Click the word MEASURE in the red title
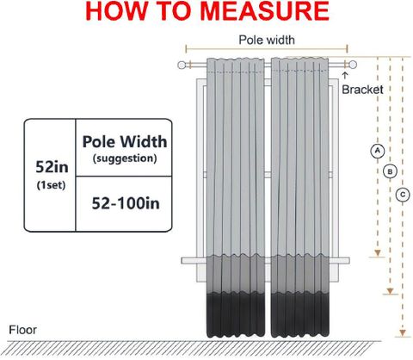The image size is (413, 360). point(264,11)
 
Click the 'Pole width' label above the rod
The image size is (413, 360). point(267,40)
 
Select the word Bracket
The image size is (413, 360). point(362,90)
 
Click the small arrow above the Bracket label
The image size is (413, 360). point(345,76)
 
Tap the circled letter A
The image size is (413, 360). point(378,151)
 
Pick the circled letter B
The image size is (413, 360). point(390,171)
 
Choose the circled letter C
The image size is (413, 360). point(403,195)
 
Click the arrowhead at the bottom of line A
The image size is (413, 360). point(378,253)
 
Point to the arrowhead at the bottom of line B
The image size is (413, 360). point(390,291)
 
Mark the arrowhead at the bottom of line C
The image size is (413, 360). point(403,333)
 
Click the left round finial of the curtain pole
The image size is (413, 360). point(182,65)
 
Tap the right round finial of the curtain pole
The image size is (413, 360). point(353,65)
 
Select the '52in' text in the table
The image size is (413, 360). point(52,167)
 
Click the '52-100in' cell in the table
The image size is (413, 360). point(126,203)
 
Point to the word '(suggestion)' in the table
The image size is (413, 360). point(125,158)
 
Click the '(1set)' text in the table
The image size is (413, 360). point(52,185)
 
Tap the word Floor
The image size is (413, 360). point(22,330)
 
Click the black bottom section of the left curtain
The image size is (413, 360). point(236,315)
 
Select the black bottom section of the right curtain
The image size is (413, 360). point(300,315)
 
